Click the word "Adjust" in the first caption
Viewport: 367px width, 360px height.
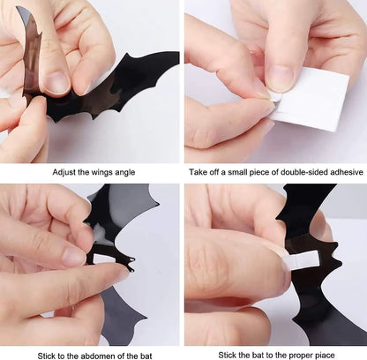point(64,172)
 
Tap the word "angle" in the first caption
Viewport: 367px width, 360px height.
point(125,173)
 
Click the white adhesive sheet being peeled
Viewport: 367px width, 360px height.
point(311,99)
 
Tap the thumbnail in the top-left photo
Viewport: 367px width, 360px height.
point(55,82)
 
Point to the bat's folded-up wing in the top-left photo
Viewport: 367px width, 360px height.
point(31,53)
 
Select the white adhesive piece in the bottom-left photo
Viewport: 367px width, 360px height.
point(103,259)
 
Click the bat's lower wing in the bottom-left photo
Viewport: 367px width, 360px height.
point(121,316)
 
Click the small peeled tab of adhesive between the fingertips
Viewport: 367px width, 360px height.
point(276,97)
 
